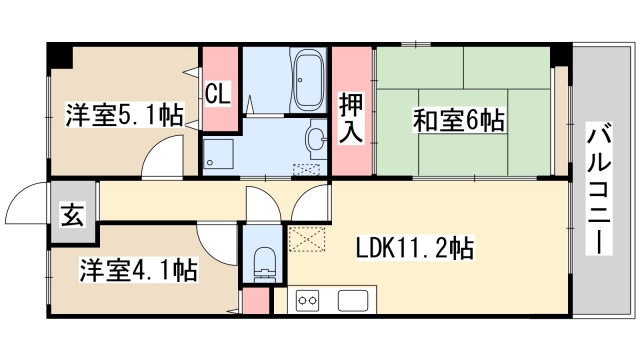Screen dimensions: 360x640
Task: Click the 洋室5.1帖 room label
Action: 125,114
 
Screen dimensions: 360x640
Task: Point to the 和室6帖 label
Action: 458,120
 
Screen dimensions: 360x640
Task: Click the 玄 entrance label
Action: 74,212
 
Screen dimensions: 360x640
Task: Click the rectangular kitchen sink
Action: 355,299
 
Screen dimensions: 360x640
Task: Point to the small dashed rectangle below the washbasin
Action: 304,168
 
